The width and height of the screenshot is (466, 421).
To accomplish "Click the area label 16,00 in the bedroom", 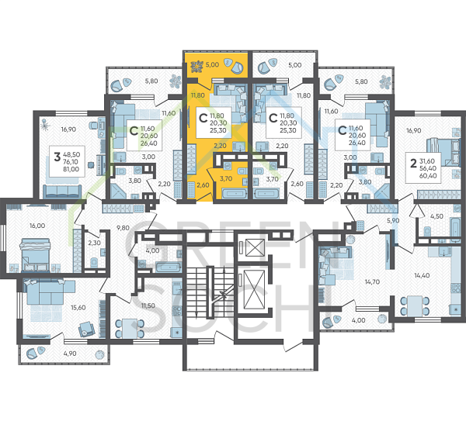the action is coord(37,226).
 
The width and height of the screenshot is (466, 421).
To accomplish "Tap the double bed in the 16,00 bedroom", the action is coord(35,255).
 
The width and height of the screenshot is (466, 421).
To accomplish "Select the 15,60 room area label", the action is coord(78,308).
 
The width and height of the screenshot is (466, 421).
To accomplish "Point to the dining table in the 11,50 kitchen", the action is coord(130,329).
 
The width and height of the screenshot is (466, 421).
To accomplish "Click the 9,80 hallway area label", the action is coord(123,228).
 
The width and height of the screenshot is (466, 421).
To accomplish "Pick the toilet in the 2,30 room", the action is coord(94,262).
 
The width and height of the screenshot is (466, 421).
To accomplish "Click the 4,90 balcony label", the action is coord(70,354).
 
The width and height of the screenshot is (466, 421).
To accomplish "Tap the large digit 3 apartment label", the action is coord(57,157).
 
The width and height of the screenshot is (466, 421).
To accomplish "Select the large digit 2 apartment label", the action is coord(413,163).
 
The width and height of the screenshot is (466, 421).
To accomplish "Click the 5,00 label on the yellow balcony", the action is coord(212,64).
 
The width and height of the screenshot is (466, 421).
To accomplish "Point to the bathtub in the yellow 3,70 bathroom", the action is coord(235,194).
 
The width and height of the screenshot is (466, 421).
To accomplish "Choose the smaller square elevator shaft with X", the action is coord(255,247).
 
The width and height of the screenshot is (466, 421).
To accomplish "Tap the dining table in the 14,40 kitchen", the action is coord(415,306).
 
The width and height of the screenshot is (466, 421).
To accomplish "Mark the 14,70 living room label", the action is coord(372,282).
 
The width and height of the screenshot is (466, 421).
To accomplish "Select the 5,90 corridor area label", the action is coord(393,220).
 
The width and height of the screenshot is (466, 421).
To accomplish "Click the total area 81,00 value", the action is coord(71,169).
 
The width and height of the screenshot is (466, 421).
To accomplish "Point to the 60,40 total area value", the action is coord(428,176).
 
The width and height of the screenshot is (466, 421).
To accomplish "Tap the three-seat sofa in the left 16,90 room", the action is coord(62,192).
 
